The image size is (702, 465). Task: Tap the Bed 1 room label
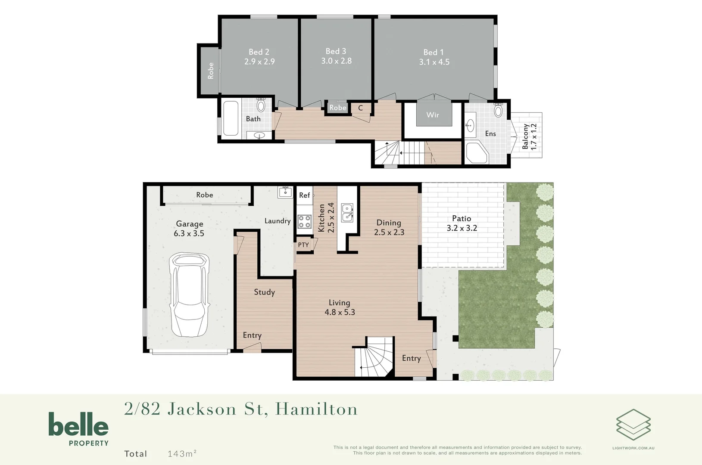click(x=433, y=52)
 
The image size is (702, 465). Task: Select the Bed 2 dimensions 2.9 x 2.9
click(x=259, y=62)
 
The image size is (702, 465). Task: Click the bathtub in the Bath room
click(x=231, y=118)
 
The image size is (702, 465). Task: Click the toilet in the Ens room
click(x=498, y=110)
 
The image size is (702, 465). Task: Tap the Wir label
click(x=433, y=115)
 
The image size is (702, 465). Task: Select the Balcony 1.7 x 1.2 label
click(x=529, y=136)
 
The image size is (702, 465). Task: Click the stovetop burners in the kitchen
click(x=304, y=222)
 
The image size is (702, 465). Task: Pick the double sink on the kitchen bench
click(x=347, y=213)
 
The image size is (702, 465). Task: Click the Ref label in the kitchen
click(x=304, y=195)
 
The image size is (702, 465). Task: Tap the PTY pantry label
click(x=303, y=245)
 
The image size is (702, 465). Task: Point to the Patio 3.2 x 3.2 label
click(x=462, y=223)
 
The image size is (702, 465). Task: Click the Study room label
click(x=264, y=292)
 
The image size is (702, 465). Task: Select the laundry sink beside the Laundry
click(x=285, y=192)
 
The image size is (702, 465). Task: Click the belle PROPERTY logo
click(x=78, y=429)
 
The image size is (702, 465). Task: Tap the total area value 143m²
click(x=182, y=453)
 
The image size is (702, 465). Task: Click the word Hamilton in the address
click(x=316, y=409)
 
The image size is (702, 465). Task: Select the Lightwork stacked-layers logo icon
click(x=633, y=425)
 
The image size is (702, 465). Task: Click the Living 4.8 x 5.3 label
click(x=340, y=307)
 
